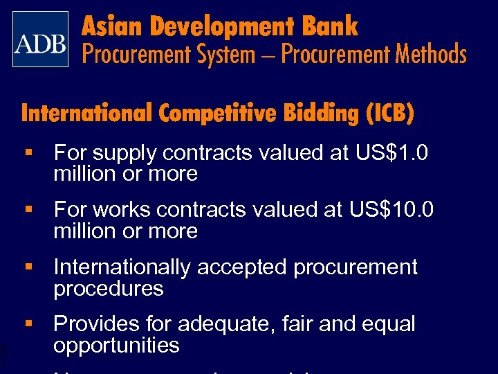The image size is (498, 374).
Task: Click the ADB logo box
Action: (x=41, y=39)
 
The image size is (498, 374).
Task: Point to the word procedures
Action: (x=109, y=289)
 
